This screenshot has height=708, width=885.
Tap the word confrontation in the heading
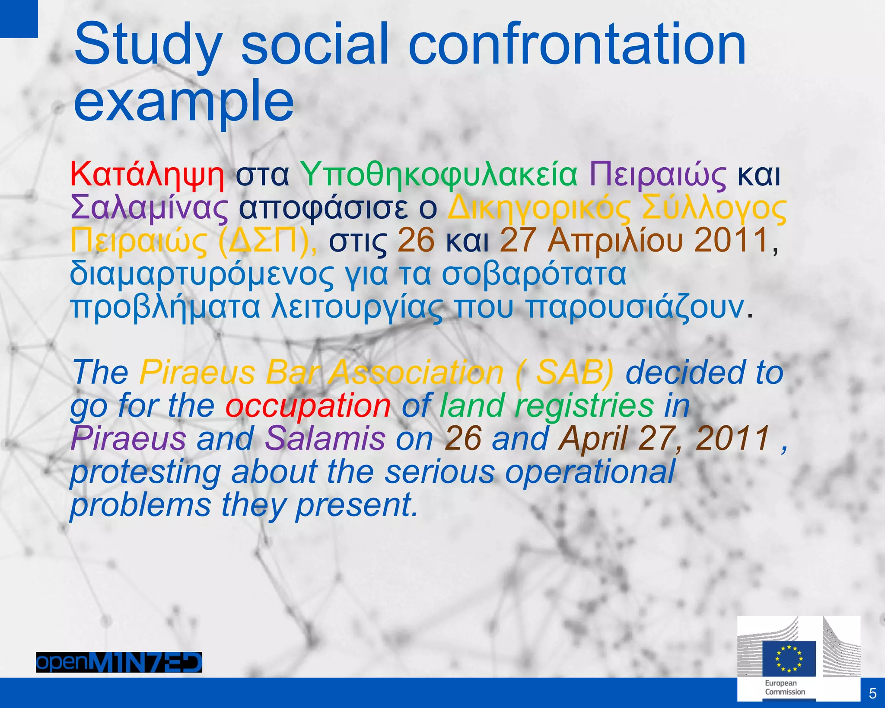(x=576, y=45)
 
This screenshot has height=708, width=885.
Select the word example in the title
(x=184, y=102)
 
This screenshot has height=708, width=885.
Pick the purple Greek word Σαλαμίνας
(x=150, y=208)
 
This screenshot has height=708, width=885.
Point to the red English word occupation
(x=308, y=406)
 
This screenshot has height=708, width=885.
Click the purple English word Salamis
(x=325, y=439)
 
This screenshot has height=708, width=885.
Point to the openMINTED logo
(x=119, y=662)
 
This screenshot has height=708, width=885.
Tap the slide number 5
(x=872, y=693)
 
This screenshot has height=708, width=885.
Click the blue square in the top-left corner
(x=19, y=18)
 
